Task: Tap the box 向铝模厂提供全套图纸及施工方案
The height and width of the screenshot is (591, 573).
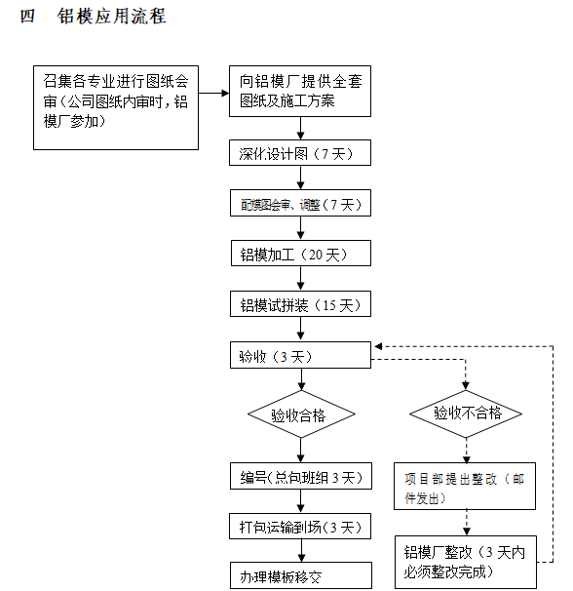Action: point(300,92)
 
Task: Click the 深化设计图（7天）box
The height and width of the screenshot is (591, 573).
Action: point(300,153)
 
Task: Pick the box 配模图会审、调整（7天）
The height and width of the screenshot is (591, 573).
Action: point(300,205)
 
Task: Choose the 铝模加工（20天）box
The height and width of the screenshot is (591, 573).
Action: point(300,255)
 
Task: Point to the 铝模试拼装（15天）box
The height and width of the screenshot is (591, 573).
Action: point(300,305)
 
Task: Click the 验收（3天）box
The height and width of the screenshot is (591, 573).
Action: point(300,356)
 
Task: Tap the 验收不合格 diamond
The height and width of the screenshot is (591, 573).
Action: point(468,414)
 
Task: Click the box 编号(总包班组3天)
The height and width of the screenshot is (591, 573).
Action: point(300,477)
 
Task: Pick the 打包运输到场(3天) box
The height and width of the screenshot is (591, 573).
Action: point(300,528)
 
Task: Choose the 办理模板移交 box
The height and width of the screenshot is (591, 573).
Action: point(300,576)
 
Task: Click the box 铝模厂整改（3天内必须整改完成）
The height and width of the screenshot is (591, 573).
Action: point(465,562)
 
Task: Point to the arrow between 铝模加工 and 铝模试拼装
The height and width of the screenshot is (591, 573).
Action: point(300,279)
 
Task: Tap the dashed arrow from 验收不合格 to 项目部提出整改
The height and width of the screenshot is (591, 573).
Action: point(467,450)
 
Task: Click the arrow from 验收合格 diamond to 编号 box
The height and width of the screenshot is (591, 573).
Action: point(300,451)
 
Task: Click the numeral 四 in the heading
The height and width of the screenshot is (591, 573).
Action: point(27,18)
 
